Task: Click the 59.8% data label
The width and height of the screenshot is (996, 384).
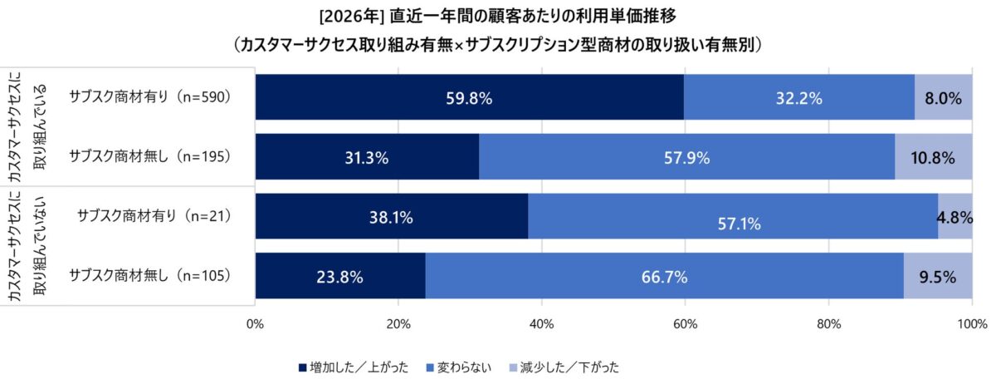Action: [469, 98]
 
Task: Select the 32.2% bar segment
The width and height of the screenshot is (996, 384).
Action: [798, 97]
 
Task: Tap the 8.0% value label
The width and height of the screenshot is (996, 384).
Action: [943, 98]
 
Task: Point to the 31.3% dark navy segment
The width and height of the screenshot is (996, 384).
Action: [367, 156]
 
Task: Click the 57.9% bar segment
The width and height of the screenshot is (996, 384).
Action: [686, 156]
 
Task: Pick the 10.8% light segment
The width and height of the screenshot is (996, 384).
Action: [934, 156]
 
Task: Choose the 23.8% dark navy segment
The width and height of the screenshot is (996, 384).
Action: [340, 277]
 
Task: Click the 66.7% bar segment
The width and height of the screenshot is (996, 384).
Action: [664, 277]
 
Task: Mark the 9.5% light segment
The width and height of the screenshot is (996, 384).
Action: [938, 277]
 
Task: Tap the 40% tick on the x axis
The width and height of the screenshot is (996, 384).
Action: [542, 324]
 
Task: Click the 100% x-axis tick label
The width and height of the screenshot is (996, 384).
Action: [972, 324]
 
